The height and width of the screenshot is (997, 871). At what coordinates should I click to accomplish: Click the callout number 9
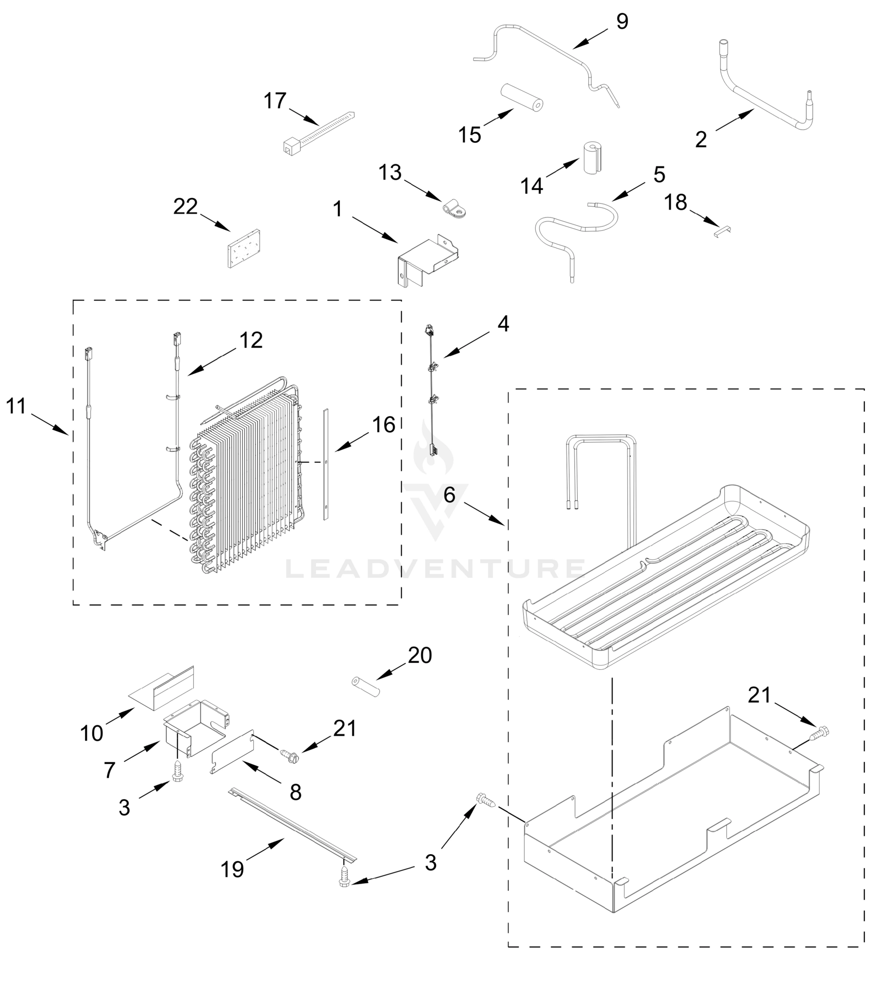point(622,22)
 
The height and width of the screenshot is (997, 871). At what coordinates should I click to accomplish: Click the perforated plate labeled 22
point(243,248)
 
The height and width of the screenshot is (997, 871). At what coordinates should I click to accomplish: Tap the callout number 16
point(384,425)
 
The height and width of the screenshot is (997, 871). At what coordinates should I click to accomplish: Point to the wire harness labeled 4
point(431,389)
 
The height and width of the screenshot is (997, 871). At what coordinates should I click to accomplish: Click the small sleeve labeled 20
point(366,686)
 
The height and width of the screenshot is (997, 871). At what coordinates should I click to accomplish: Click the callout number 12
point(251,340)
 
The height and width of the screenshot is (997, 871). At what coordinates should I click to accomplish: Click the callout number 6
point(449,495)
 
